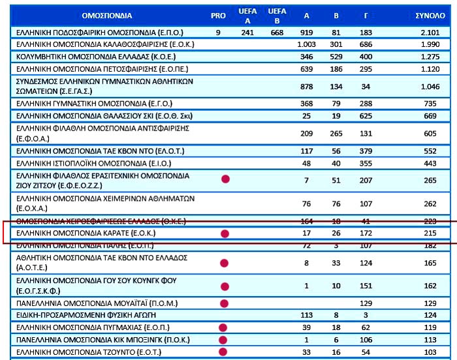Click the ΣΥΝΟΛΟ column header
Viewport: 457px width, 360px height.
(x=430, y=15)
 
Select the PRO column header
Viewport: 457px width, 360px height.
(x=218, y=15)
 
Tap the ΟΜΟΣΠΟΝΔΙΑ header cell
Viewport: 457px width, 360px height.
(x=108, y=15)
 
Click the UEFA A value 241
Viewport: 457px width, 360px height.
(x=247, y=33)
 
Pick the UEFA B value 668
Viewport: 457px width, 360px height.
(x=277, y=33)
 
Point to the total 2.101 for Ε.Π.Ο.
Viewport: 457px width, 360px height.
(x=430, y=33)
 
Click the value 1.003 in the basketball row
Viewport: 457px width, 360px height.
(x=306, y=44)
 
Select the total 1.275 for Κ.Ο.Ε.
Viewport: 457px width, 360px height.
(x=430, y=57)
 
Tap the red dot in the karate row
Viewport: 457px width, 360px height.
(x=225, y=233)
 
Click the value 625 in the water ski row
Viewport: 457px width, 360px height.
(x=365, y=116)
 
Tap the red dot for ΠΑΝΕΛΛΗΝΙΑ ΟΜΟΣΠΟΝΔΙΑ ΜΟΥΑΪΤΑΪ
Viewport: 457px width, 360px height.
(x=225, y=303)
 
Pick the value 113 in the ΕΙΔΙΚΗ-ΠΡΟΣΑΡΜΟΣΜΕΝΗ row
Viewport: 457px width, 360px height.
(x=306, y=316)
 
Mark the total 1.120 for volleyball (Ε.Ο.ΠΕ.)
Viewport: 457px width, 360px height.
(x=430, y=68)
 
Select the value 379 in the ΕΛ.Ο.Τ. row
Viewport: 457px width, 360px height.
(x=365, y=151)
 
